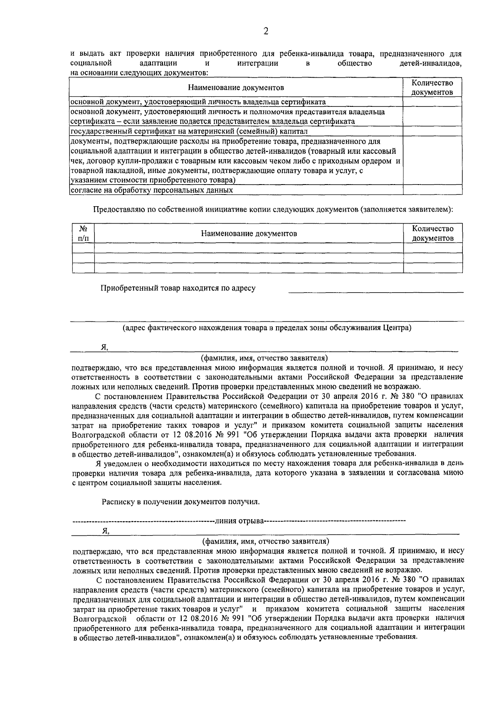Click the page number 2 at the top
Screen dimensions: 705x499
[x=266, y=32]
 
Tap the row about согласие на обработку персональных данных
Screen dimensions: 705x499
[x=152, y=190]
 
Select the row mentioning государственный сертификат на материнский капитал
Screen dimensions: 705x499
[x=189, y=132]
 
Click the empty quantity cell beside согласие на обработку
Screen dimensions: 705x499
[x=432, y=190]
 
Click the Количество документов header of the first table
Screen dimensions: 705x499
[x=432, y=88]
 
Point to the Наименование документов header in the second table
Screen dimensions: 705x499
[x=249, y=234]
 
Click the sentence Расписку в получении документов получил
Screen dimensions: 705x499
[x=181, y=502]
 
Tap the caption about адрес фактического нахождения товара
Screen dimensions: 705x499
[x=267, y=328]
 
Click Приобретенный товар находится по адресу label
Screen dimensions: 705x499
[x=178, y=288]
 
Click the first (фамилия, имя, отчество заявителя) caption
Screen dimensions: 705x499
[x=264, y=358]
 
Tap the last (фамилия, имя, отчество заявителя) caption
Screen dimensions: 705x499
[x=266, y=541]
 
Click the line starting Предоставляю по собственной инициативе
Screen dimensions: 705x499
[x=272, y=210]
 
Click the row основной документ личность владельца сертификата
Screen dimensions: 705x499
[x=198, y=102]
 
